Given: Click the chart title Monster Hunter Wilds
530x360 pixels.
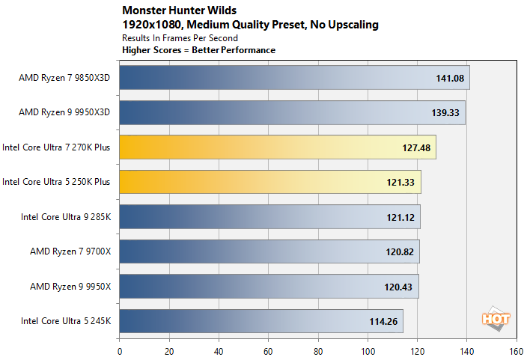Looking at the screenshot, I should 180,11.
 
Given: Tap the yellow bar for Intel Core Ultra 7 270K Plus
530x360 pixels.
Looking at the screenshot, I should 277,147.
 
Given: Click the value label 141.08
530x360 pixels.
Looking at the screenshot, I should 450,77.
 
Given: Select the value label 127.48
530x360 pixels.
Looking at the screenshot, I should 416,147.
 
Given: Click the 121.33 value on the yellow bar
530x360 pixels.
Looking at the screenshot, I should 401,182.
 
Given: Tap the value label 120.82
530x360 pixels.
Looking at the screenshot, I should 400,251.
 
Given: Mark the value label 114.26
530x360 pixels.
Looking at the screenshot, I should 384,321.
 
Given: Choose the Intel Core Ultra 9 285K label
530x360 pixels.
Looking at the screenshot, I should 65,217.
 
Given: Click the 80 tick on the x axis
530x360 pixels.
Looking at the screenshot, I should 317,350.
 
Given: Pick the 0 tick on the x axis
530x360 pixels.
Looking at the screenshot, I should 120,350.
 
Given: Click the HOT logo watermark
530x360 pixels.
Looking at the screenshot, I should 496,317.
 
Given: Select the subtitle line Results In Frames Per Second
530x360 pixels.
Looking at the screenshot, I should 180,37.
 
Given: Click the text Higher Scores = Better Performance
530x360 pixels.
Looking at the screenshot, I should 198,50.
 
